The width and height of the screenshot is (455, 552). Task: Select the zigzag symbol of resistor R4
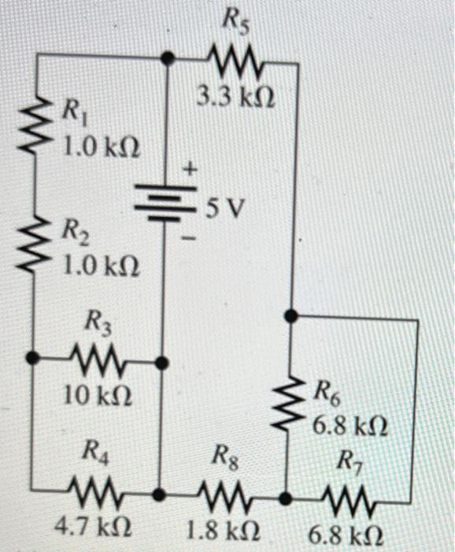[x=93, y=494]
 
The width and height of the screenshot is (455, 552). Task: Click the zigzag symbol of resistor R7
[x=353, y=498]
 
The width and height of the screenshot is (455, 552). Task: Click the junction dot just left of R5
[x=167, y=58]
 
